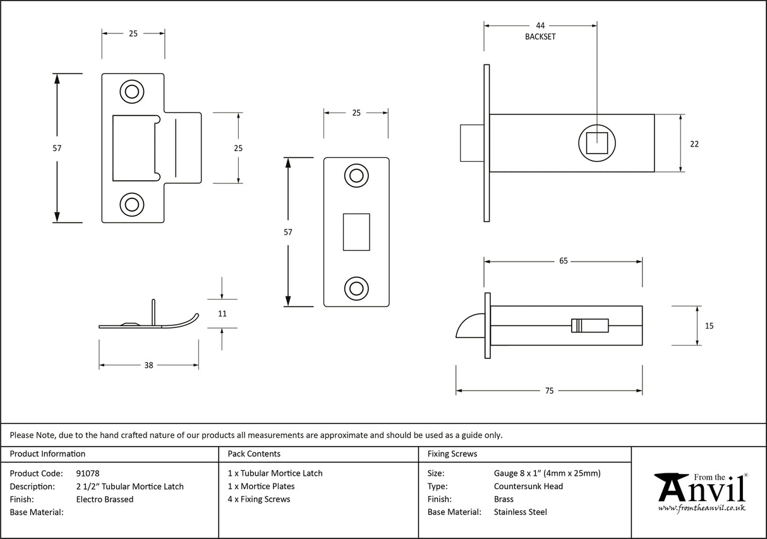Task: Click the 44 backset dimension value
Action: tap(540, 26)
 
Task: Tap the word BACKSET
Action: tap(540, 37)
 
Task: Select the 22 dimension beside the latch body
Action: tap(694, 144)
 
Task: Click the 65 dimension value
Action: tap(563, 260)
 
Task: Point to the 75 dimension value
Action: tap(549, 391)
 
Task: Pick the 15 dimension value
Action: tap(709, 326)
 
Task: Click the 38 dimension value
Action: tap(149, 365)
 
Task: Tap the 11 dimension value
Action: tap(222, 313)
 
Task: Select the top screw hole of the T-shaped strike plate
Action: tap(132, 92)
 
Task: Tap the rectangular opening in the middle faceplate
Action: tap(356, 232)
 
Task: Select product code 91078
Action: tap(88, 473)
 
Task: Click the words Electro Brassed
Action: tap(105, 499)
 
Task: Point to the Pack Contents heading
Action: tap(254, 454)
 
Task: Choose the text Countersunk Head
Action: tap(528, 487)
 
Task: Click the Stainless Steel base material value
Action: tap(520, 512)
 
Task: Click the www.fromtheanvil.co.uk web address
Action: tap(701, 509)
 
